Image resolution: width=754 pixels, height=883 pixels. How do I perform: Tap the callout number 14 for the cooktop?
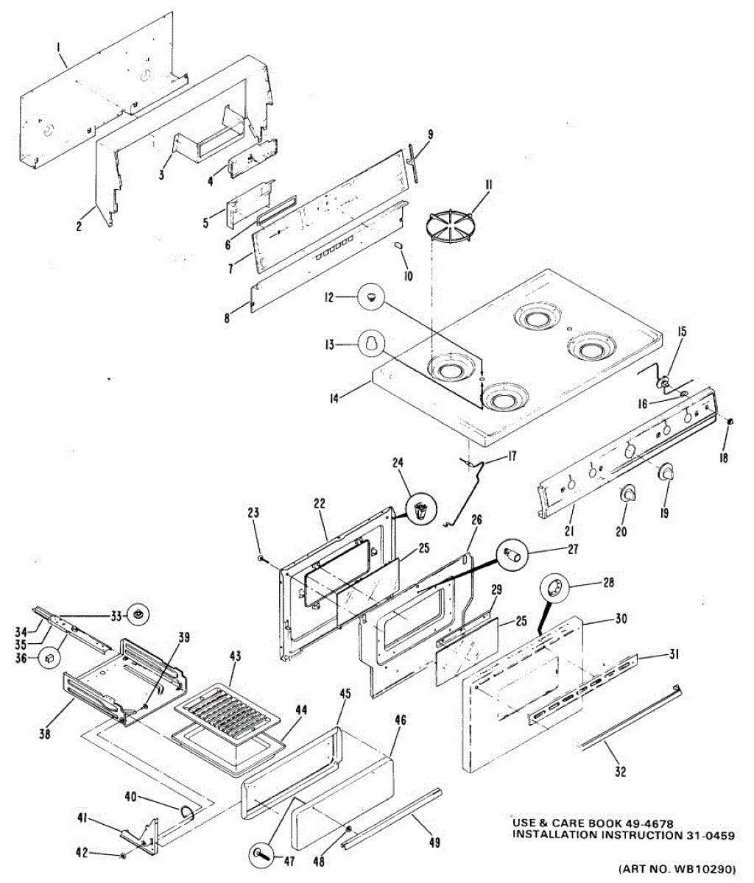334,399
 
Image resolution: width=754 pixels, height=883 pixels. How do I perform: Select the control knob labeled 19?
666,474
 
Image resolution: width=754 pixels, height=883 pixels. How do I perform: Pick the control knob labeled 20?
628,494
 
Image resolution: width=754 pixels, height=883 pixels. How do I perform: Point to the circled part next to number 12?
370,297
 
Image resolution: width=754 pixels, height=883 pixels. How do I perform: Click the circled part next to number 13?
370,343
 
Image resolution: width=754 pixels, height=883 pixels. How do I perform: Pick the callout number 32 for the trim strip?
621,771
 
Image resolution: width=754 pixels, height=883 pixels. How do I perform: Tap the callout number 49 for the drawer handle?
434,843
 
